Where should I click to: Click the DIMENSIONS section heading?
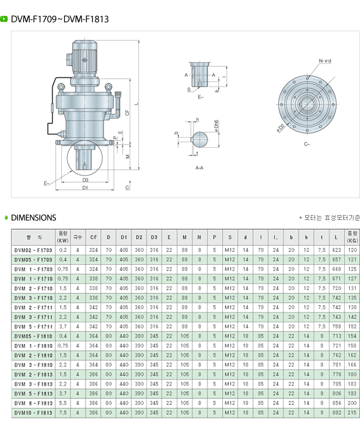point(33,217)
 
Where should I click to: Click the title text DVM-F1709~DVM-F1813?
point(60,19)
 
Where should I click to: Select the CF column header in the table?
point(94,237)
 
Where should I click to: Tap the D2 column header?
point(139,237)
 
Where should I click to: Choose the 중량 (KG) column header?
point(352,237)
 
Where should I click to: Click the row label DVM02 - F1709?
point(33,250)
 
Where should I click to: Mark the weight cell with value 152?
point(352,326)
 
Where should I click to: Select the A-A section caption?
point(199,168)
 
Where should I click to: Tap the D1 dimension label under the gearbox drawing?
point(85,188)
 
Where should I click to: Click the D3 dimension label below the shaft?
point(85,179)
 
